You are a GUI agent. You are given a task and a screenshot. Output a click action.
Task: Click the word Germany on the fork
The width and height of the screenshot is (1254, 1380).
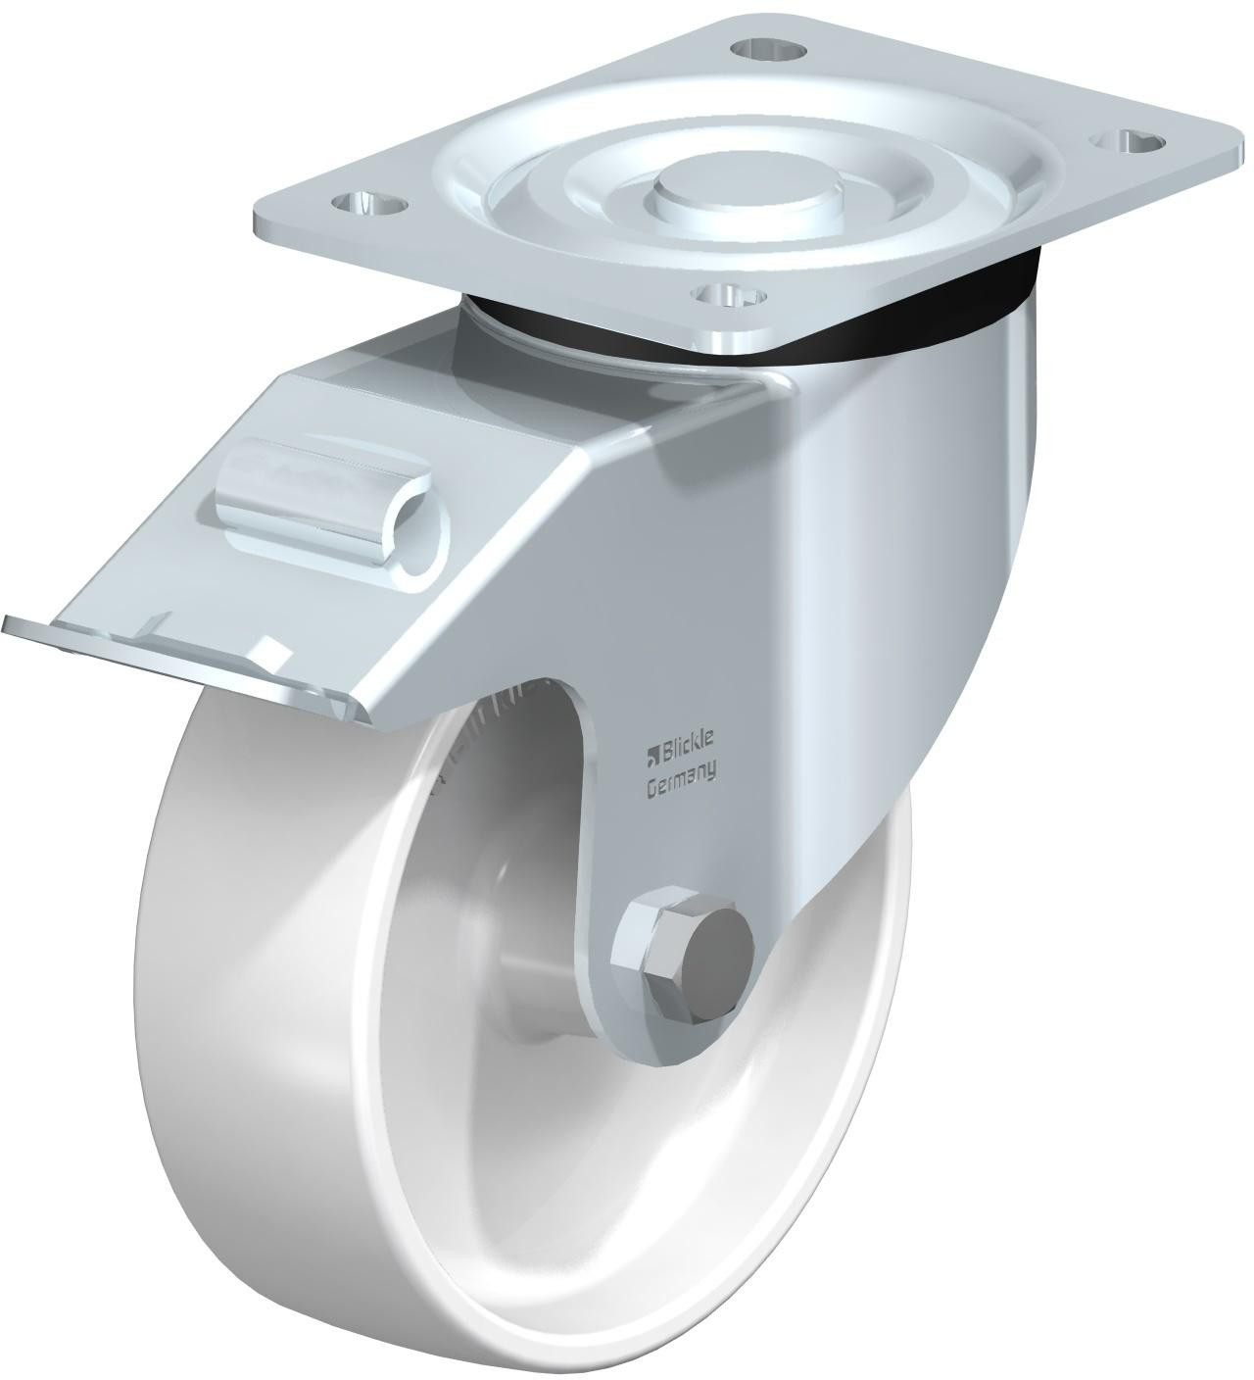point(680,787)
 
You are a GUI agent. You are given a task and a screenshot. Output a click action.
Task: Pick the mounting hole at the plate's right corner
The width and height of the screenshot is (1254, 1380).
point(1125,142)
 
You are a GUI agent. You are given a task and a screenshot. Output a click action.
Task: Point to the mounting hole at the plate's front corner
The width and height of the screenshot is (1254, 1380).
point(731,296)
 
